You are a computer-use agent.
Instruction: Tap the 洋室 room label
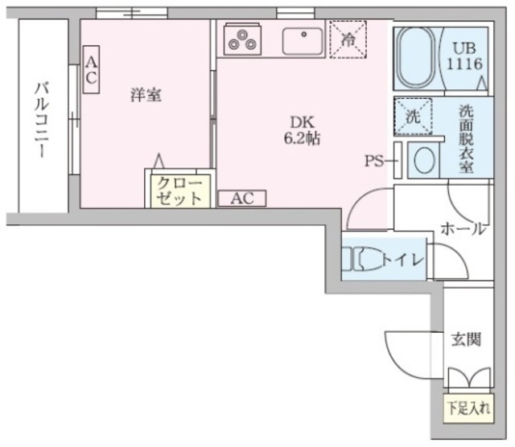(x=146, y=95)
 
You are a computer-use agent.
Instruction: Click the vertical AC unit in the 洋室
(x=91, y=69)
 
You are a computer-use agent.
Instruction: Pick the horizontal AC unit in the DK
(x=242, y=198)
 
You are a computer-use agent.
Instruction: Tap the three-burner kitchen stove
(x=242, y=38)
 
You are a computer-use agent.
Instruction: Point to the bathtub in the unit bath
(x=417, y=58)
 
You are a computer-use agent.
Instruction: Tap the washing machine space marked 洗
(x=413, y=116)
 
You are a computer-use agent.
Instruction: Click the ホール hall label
(x=463, y=229)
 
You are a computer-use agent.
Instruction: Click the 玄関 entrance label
(x=465, y=339)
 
